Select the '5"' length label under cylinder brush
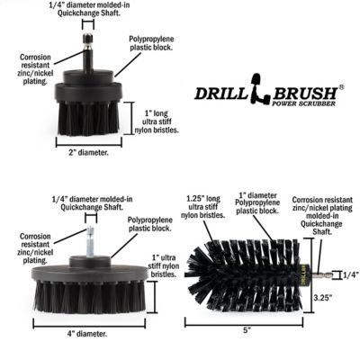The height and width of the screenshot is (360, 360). [x=246, y=329]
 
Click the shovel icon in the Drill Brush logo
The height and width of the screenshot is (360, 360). [x=255, y=94]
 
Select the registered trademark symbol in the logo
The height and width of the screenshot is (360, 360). [x=341, y=87]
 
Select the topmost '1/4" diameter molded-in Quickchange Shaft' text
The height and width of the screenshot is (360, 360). [x=88, y=11]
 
